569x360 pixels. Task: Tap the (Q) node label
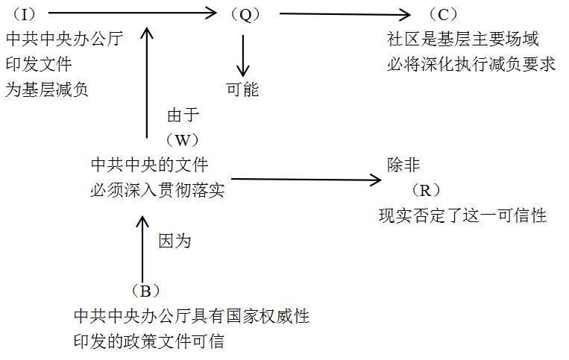(244, 14)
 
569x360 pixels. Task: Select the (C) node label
(443, 15)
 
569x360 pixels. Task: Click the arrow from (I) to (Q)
(131, 12)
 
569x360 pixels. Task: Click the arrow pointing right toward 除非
(306, 179)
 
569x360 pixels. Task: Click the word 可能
(242, 89)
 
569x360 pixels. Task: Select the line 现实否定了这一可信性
(462, 216)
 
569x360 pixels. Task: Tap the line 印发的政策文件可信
(149, 342)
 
